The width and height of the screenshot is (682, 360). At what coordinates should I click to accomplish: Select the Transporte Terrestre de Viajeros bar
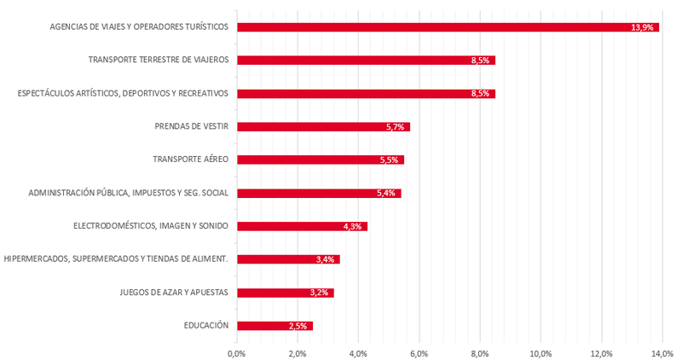(x=366, y=61)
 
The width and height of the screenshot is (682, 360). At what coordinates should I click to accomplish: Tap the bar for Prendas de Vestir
(x=323, y=127)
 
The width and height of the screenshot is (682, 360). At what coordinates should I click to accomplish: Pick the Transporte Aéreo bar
(x=320, y=160)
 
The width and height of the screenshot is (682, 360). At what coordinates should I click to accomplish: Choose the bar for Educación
(x=275, y=326)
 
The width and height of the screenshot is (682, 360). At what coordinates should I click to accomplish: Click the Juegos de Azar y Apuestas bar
(x=285, y=293)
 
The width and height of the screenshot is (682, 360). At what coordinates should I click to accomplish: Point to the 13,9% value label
(x=642, y=27)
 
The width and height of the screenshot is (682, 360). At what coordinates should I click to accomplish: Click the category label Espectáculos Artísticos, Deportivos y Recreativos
(x=123, y=93)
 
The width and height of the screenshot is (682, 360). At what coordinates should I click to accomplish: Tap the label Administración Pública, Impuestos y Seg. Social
(x=128, y=193)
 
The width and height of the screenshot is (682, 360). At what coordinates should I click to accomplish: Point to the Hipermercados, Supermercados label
(x=116, y=259)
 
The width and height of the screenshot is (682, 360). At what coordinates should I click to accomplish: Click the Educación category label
(x=205, y=325)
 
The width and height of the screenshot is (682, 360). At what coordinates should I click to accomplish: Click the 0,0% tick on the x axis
(x=236, y=351)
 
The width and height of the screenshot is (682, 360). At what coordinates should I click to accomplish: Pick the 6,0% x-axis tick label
(x=419, y=351)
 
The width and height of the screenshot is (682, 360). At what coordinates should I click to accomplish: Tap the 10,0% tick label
(x=540, y=351)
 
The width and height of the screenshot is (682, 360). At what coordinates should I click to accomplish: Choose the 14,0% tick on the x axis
(x=662, y=351)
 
